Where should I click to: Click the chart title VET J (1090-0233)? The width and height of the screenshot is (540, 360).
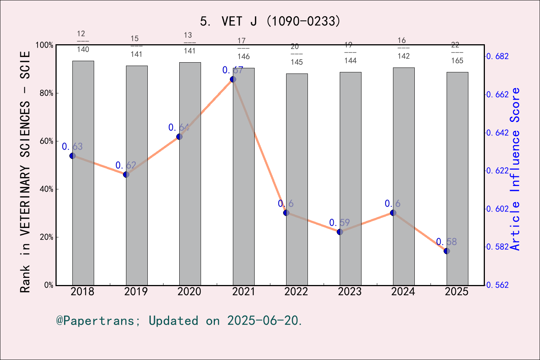click(x=270, y=21)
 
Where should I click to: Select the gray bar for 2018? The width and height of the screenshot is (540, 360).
click(x=83, y=172)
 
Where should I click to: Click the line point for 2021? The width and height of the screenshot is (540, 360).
click(x=233, y=79)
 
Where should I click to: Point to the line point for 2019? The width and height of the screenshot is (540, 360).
click(x=126, y=174)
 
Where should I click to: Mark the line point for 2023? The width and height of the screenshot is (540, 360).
click(x=340, y=232)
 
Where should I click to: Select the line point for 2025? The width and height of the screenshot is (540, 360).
click(x=447, y=251)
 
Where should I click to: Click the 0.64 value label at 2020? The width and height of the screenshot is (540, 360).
click(x=179, y=127)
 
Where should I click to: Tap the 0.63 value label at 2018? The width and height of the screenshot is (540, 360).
click(x=72, y=147)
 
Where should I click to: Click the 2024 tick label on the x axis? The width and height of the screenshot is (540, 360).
click(x=403, y=291)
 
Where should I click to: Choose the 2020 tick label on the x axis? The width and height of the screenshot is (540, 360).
click(x=189, y=291)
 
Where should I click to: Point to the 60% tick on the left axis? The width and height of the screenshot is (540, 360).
click(x=46, y=141)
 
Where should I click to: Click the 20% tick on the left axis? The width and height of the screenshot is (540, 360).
click(x=46, y=237)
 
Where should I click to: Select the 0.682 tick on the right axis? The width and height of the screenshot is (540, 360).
click(x=498, y=56)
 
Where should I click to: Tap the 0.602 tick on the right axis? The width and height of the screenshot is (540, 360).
click(x=498, y=209)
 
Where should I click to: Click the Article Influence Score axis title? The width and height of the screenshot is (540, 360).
click(x=515, y=169)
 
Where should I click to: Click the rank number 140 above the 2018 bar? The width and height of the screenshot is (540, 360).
click(x=83, y=49)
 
